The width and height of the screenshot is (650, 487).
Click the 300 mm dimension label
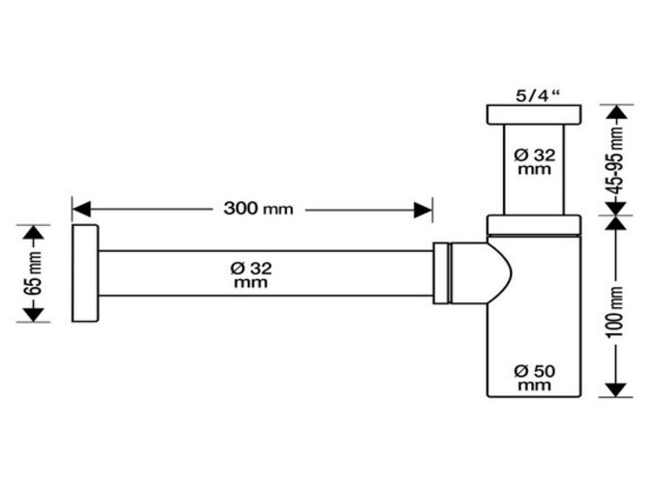[257, 209]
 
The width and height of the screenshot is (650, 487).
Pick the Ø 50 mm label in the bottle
[533, 377]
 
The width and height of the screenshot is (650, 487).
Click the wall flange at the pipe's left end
[85, 274]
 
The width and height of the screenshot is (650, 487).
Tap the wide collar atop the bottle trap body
[534, 225]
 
